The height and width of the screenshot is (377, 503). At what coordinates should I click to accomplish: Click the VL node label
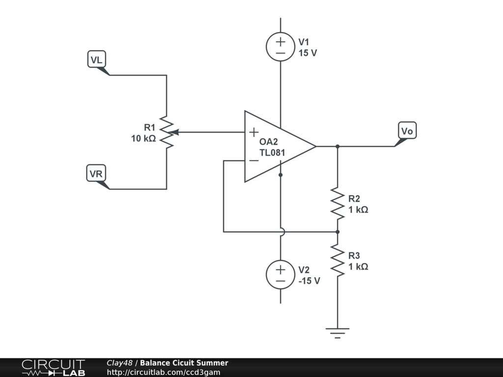point(97,59)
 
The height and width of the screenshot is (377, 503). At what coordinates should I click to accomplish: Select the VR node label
point(96,173)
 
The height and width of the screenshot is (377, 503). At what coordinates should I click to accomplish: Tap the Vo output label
point(407,131)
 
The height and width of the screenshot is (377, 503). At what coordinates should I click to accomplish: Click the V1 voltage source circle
point(280,47)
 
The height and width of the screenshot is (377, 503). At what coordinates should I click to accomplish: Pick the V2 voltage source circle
point(280,275)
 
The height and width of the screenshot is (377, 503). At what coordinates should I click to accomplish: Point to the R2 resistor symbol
point(337,204)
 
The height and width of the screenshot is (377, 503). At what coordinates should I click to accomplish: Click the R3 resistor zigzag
point(337,260)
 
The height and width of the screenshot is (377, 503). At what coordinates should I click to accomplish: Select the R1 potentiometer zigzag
point(167,132)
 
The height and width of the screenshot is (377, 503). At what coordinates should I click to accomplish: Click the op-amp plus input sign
point(254,132)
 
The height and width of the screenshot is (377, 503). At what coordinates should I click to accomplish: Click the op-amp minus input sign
point(254,161)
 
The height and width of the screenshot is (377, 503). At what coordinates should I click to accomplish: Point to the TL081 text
point(272,153)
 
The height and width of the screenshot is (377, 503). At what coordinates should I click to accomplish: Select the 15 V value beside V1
point(307,53)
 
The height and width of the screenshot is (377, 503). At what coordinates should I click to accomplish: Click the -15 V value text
point(309,281)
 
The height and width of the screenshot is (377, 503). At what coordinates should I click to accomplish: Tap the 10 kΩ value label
point(143,138)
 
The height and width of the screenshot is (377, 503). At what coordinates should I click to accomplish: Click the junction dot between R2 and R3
point(337,232)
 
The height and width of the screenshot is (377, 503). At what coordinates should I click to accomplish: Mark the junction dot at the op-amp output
point(337,146)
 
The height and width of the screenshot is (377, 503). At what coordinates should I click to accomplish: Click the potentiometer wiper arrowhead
point(173,132)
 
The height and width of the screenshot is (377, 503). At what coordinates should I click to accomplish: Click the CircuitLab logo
point(53,368)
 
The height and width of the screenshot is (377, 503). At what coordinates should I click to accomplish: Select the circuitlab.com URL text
point(164,372)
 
